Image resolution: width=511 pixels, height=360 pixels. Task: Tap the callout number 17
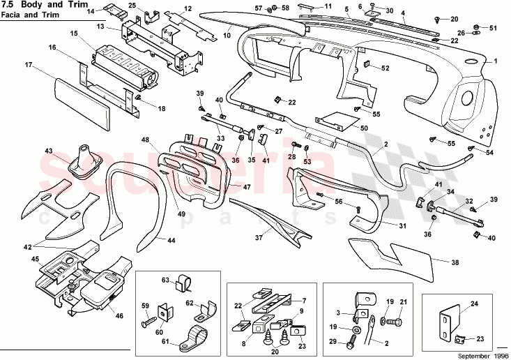coord(29,65)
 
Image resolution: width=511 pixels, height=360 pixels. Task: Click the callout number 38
coord(455,264)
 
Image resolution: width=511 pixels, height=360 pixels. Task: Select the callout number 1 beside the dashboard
coord(496,61)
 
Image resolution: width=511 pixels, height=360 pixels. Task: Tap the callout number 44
coord(171,239)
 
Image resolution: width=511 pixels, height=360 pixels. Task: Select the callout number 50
coord(364,128)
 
